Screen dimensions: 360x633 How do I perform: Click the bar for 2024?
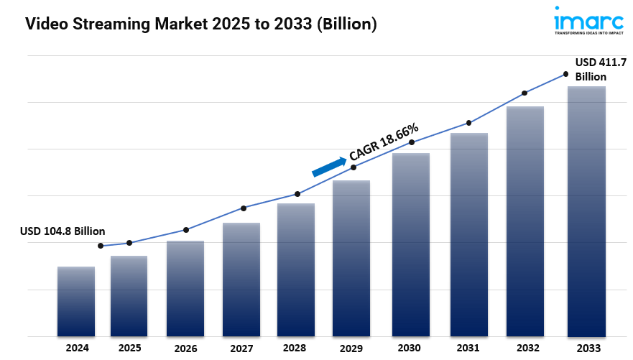coord(76,301)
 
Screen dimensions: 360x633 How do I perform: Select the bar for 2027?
coord(241,280)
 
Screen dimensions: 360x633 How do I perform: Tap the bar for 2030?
coord(411,244)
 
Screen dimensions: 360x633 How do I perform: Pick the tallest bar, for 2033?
coord(586,211)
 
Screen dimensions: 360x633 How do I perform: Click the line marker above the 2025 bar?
coord(129,243)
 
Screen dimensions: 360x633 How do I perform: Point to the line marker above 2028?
coord(297,194)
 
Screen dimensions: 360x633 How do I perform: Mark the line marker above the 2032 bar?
coord(525,93)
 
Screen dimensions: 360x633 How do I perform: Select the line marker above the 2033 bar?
coord(565,74)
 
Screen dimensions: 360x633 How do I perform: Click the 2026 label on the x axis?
coord(185,349)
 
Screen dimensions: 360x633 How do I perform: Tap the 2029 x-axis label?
coord(352,349)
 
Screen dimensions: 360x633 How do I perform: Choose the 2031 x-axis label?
coord(468,348)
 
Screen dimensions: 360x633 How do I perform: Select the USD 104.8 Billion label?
coord(63,231)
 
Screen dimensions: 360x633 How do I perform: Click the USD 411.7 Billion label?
coord(596,70)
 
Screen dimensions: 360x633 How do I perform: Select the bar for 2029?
coord(351,258)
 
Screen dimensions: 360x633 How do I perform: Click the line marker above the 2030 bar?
coord(412,142)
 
